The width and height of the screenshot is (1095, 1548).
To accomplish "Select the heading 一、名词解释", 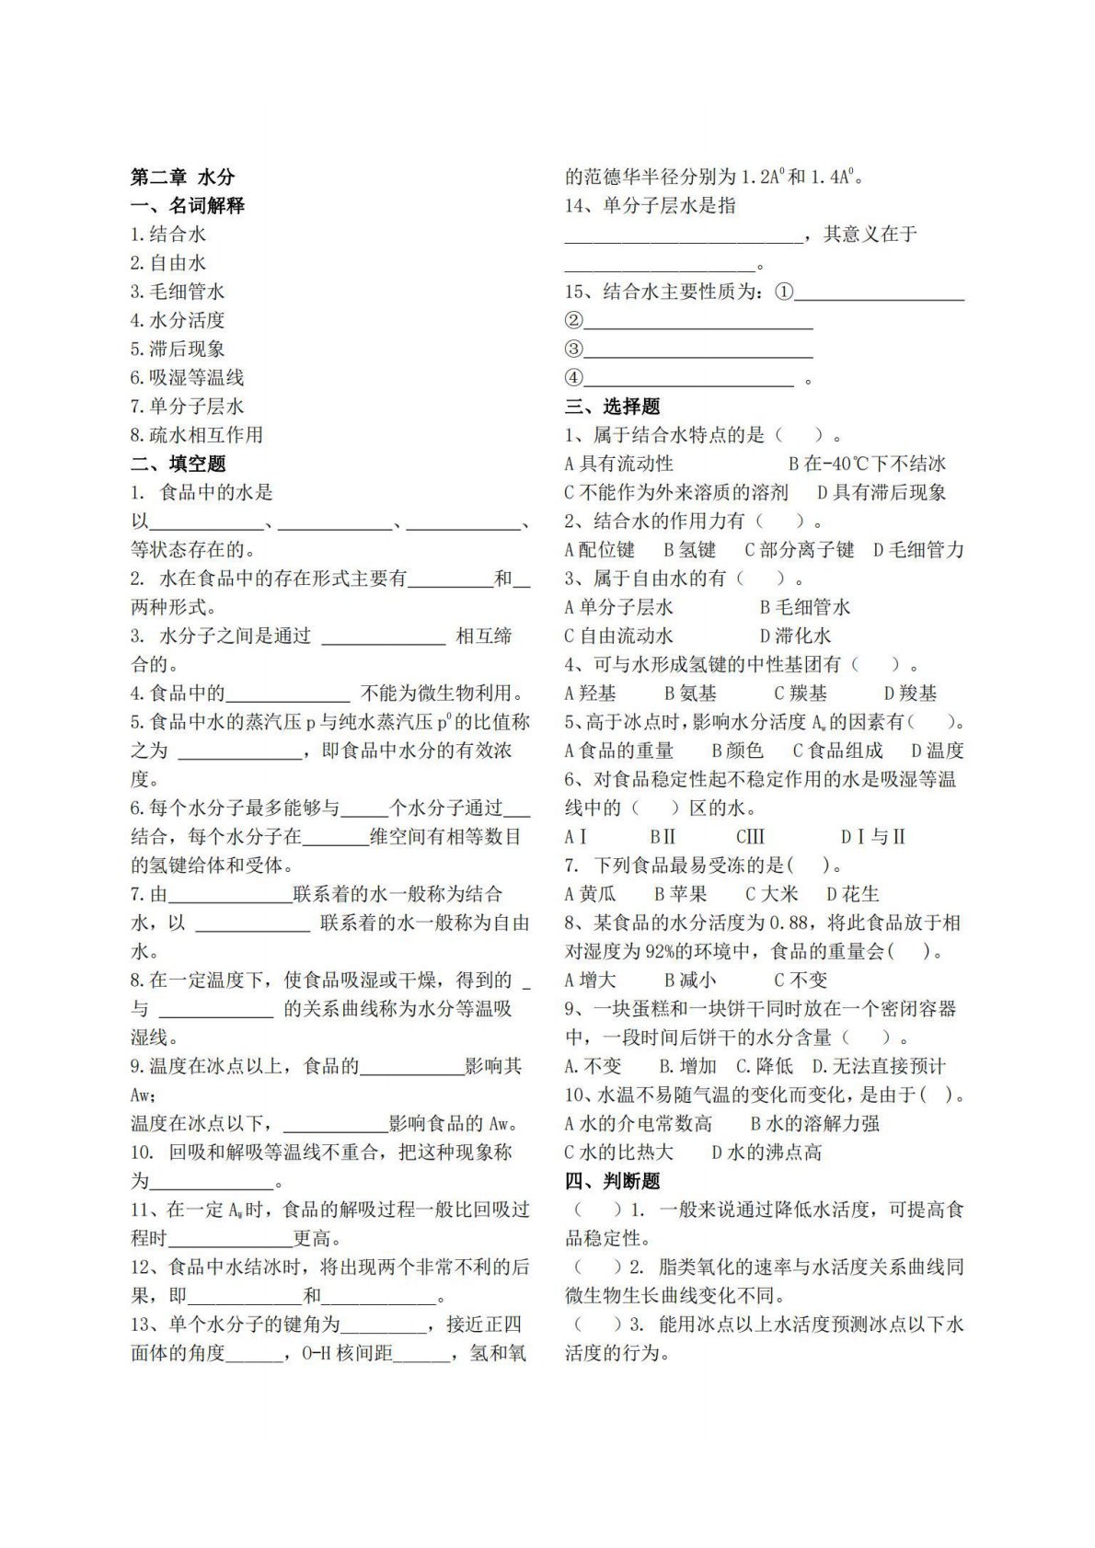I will click(x=188, y=205).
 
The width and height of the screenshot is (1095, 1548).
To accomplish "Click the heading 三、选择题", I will click(x=613, y=407).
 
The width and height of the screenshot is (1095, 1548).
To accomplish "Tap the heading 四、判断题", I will click(x=613, y=1180).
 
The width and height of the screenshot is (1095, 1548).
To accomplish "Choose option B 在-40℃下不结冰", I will click(x=867, y=464).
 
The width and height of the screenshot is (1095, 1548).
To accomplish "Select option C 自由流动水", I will click(x=618, y=636).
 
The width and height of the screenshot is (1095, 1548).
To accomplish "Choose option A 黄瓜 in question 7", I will click(x=591, y=893).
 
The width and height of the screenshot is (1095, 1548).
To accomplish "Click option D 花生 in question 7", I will click(x=853, y=893).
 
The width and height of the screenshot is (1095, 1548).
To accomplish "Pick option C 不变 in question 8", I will click(x=800, y=980).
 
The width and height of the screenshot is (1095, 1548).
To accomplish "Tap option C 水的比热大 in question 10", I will click(x=618, y=1152).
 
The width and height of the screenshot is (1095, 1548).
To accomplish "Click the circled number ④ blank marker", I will click(x=574, y=378).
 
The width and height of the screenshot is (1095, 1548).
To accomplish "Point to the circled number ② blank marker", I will click(x=574, y=320).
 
